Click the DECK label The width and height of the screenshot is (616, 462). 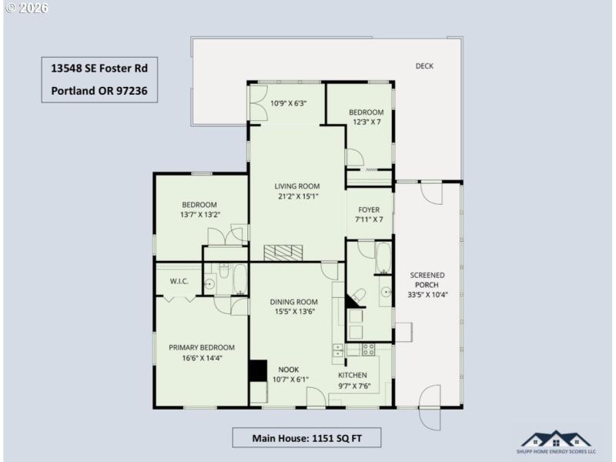[x=424, y=66]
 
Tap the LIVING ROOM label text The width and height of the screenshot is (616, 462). [x=296, y=186]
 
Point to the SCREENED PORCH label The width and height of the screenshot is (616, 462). [x=427, y=279]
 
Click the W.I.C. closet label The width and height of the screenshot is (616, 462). [x=179, y=281]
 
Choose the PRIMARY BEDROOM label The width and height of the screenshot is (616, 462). [x=202, y=347]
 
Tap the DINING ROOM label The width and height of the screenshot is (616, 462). [x=293, y=302]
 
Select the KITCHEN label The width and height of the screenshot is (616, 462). [x=354, y=375]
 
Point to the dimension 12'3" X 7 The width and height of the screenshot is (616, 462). [x=367, y=122]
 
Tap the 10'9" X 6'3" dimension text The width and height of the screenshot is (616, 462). [x=289, y=103]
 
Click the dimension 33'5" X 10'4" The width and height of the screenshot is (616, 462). [x=427, y=294]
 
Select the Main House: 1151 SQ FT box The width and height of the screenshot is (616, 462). [x=306, y=438]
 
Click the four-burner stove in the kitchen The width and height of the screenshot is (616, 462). [x=368, y=349]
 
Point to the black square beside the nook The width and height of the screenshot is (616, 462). [x=256, y=370]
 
